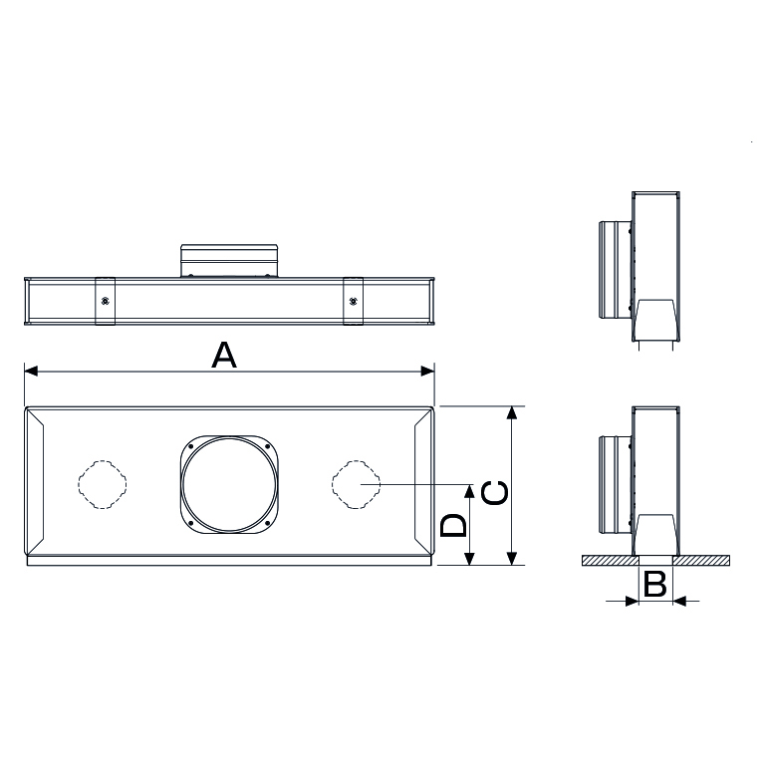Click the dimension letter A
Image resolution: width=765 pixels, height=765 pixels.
(x=225, y=354)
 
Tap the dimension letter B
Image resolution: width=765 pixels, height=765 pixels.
(x=654, y=585)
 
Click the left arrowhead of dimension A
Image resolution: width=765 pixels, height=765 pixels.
(x=30, y=372)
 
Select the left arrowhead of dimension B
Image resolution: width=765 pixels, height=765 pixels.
(x=631, y=601)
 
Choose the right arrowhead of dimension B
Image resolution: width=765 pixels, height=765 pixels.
(x=679, y=601)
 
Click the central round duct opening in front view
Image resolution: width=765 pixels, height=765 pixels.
(x=228, y=484)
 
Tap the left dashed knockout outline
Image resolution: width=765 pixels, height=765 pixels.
(x=104, y=484)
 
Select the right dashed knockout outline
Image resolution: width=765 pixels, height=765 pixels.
(x=357, y=484)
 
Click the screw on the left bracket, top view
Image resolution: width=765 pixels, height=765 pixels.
(x=105, y=299)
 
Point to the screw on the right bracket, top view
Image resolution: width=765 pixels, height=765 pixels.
(x=353, y=299)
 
